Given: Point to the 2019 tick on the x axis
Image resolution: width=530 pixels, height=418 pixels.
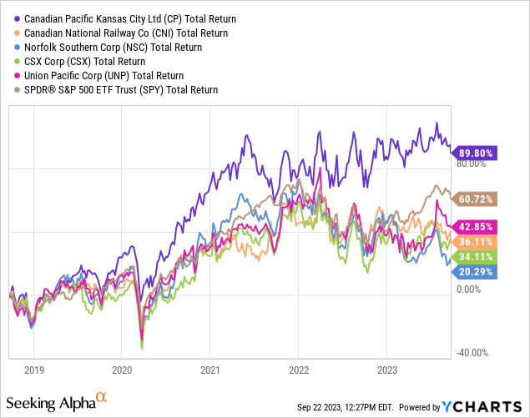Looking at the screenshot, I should point(33,369).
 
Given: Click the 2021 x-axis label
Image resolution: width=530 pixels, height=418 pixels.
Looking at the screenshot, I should point(210,369).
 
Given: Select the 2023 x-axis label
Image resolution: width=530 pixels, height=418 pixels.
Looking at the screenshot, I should point(386,369).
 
